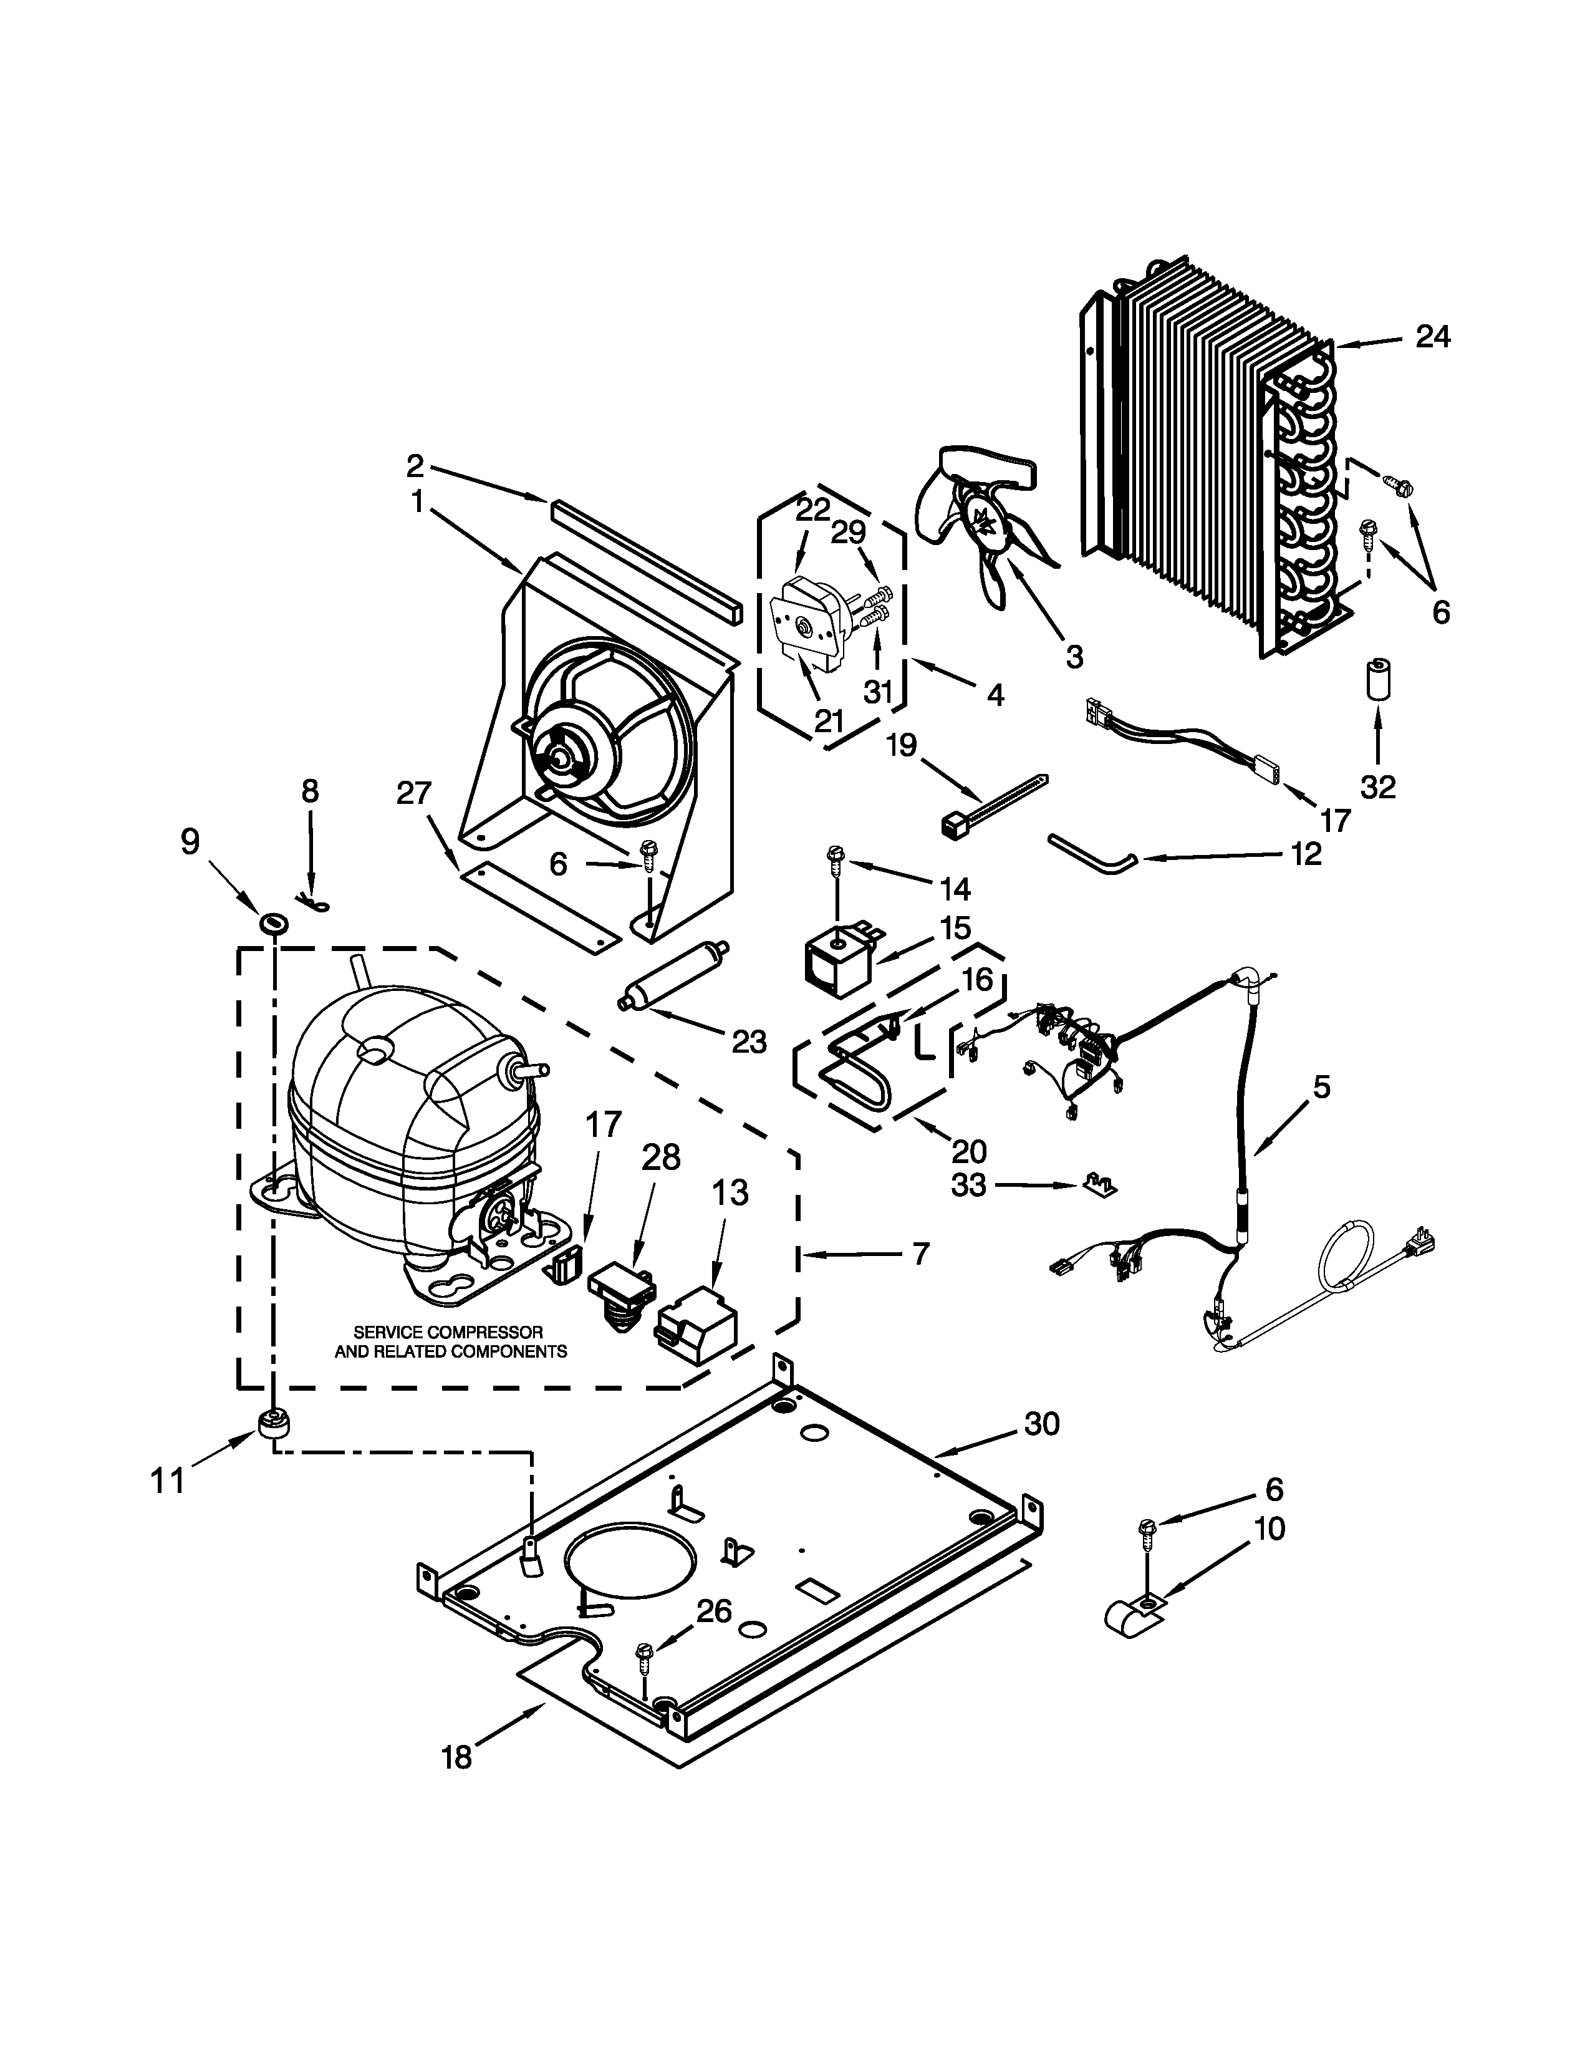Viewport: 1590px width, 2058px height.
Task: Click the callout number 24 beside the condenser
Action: coord(1433,336)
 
